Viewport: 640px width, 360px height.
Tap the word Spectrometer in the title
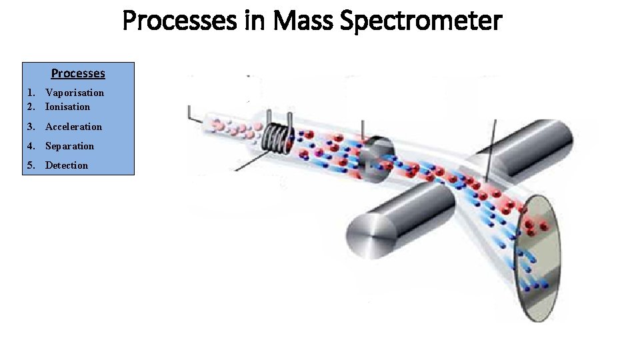pyautogui.click(x=421, y=21)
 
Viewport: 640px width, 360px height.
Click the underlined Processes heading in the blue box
pyautogui.click(x=78, y=73)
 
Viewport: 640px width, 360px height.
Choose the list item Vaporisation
pyautogui.click(x=75, y=93)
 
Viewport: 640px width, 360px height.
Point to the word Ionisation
pyautogui.click(x=67, y=107)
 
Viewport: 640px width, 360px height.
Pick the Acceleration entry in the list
pyautogui.click(x=73, y=127)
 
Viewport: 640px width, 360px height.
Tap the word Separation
pyautogui.click(x=69, y=146)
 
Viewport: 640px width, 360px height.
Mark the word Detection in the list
pyautogui.click(x=67, y=165)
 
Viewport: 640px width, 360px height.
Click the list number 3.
pyautogui.click(x=31, y=127)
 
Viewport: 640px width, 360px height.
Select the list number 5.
pyautogui.click(x=31, y=165)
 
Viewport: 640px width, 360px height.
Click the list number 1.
pyautogui.click(x=31, y=93)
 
